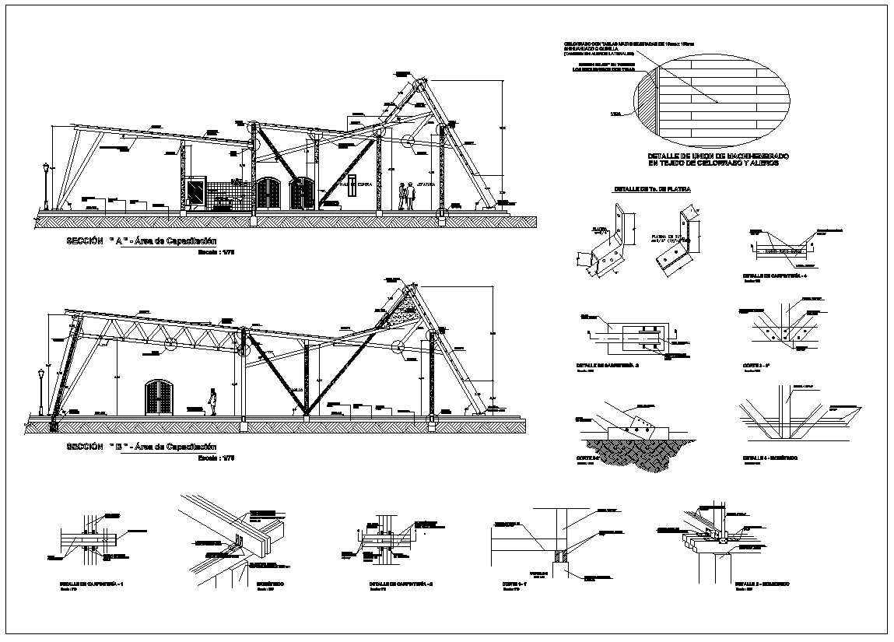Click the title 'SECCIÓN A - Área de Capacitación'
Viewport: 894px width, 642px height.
pos(140,242)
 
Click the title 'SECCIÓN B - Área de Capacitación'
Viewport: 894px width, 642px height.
pos(140,447)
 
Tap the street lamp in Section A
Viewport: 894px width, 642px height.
pos(47,187)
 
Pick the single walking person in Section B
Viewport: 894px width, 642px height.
pos(212,401)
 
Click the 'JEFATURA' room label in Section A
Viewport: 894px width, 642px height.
pos(426,184)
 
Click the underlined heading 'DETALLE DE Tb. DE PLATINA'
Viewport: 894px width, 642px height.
pos(652,189)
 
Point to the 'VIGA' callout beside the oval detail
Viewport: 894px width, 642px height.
pos(616,114)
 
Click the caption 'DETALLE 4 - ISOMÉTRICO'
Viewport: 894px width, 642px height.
pos(770,458)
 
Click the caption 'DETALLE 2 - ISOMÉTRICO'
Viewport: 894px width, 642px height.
pos(763,583)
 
